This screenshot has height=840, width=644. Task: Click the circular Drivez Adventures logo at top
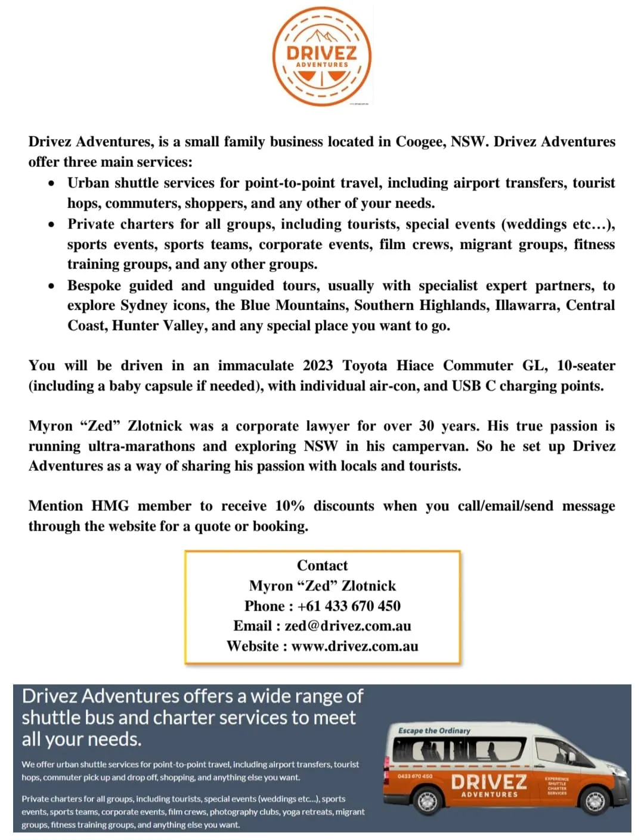click(x=322, y=57)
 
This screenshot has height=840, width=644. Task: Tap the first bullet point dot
click(x=52, y=183)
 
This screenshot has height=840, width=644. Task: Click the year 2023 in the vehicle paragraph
click(x=318, y=366)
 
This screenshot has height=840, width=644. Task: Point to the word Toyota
click(x=364, y=366)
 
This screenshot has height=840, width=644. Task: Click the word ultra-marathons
click(x=141, y=447)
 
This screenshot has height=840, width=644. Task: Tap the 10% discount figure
click(x=290, y=506)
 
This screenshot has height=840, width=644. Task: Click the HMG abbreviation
click(x=110, y=506)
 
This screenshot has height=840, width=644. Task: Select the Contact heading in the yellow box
click(x=322, y=565)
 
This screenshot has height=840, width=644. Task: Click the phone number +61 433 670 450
click(x=349, y=606)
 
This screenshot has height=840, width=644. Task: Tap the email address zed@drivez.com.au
click(x=348, y=626)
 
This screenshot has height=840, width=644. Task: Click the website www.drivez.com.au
click(x=355, y=647)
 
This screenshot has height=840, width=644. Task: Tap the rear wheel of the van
click(x=427, y=802)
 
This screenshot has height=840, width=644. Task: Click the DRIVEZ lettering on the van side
click(x=489, y=781)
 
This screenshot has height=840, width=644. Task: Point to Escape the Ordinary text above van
click(x=434, y=730)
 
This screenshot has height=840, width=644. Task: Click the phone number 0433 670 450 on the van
click(x=415, y=776)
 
